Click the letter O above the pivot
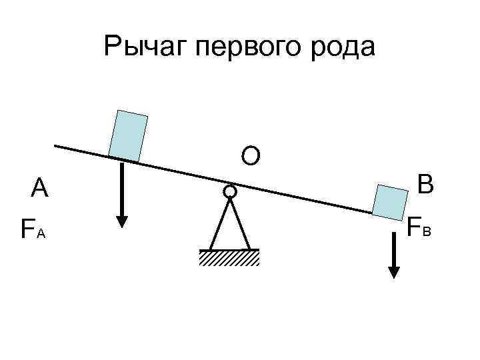(x=251, y=156)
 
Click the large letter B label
(x=425, y=184)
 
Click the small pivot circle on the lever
(x=229, y=192)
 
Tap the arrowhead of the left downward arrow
(x=121, y=221)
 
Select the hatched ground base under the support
(x=229, y=257)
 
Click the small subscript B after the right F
(x=427, y=231)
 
